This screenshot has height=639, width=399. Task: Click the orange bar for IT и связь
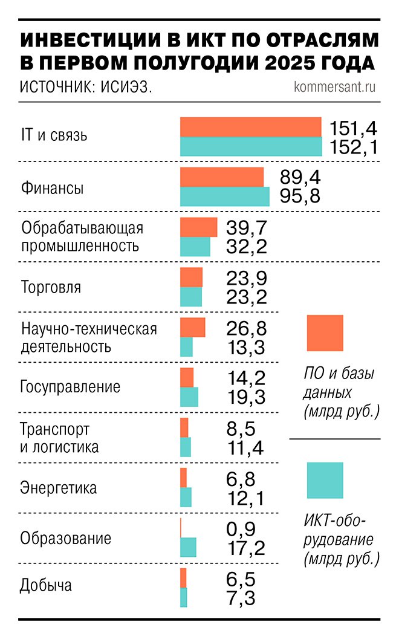250,127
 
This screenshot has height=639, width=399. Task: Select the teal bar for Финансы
224,196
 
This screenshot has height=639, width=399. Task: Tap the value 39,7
246,227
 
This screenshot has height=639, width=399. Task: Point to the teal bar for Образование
188,547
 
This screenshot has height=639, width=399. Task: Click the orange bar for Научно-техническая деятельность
192,327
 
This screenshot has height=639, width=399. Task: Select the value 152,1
354,147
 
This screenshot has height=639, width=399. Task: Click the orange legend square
325,332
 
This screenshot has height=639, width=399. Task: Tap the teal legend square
325,481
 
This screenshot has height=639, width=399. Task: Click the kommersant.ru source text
334,86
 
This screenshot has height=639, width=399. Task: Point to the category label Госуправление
70,387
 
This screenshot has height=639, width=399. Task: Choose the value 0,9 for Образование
241,530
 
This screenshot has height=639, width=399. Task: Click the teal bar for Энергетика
186,497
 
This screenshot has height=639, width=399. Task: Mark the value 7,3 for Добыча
241,598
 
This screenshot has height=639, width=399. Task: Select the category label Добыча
46,586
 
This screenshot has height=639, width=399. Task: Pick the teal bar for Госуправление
189,397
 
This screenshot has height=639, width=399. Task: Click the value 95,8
300,196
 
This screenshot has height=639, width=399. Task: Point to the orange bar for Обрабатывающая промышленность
198,227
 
